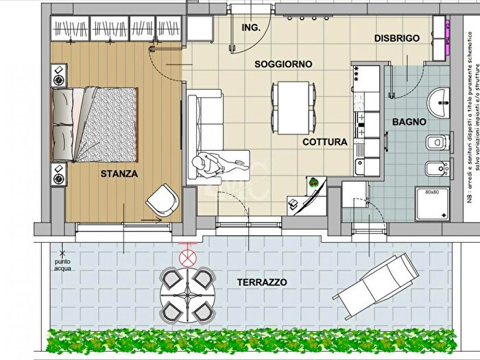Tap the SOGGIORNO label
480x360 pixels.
283,64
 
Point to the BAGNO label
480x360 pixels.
409,122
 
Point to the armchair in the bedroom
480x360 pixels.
162,200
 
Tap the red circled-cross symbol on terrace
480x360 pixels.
185,258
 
